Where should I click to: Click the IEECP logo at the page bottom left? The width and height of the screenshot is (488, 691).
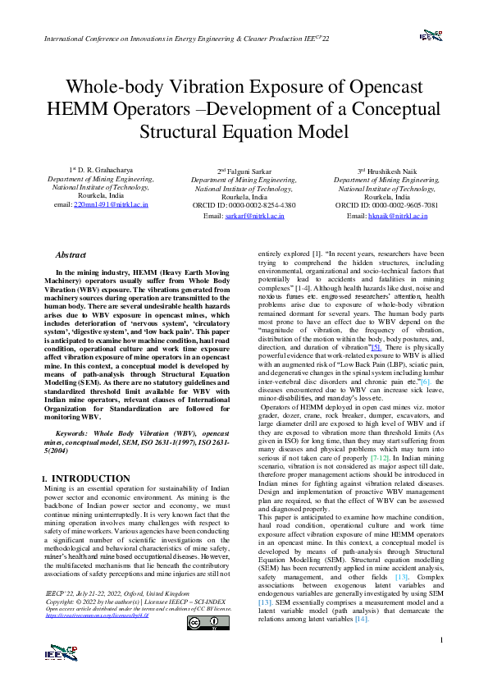tap(63, 652)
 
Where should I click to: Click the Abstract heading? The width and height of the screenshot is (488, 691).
tap(71, 255)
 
